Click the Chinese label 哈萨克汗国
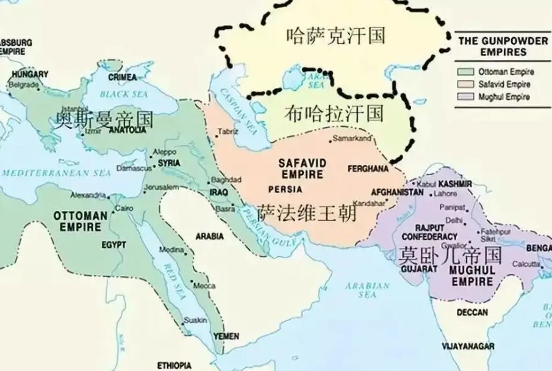335,35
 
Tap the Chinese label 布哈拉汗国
334,113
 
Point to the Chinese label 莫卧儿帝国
450,254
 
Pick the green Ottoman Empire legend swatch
467,71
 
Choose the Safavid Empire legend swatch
467,84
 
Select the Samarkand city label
353,139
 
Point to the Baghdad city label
226,179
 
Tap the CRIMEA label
122,77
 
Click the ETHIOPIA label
174,365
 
